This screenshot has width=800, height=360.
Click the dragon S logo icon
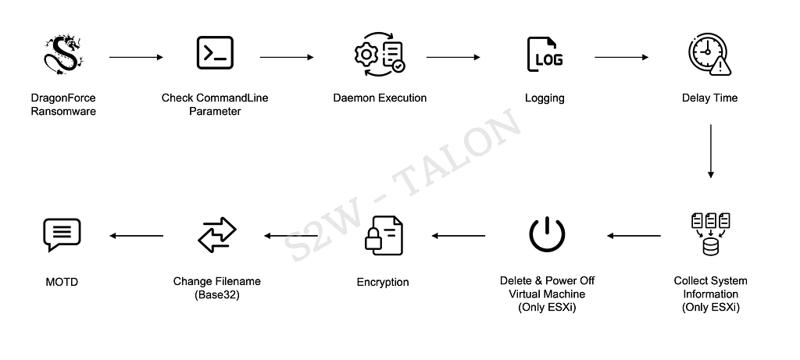(63, 55)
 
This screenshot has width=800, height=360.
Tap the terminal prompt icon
(215, 52)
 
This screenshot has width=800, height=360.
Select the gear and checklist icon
(380, 54)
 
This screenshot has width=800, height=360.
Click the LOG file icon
(545, 54)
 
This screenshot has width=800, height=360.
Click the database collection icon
(710, 234)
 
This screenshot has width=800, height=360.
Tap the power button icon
(547, 234)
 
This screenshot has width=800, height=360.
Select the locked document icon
(384, 236)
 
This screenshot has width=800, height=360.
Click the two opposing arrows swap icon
(217, 235)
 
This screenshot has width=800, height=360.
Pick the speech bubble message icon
(62, 234)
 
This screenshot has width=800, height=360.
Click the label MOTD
(62, 282)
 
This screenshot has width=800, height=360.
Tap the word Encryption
(383, 282)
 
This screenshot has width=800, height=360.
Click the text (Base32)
(217, 294)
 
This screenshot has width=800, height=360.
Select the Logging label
(545, 98)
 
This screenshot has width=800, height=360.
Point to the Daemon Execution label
(380, 98)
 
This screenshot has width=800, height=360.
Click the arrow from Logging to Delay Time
(621, 57)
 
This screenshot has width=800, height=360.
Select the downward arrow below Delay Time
(710, 151)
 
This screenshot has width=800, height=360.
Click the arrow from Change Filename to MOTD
(137, 236)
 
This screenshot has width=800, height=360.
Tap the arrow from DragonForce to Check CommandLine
(136, 57)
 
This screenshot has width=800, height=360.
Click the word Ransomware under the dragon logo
(63, 111)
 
